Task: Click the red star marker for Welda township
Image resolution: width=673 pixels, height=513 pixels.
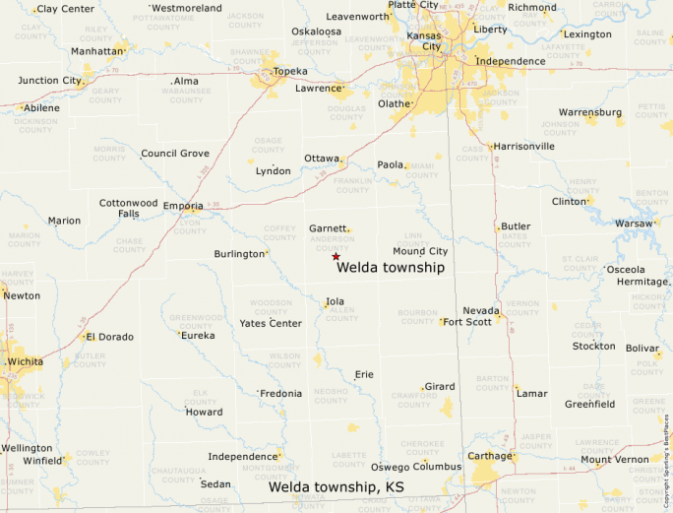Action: coord(336,256)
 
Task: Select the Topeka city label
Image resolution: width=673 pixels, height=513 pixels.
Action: coord(290,72)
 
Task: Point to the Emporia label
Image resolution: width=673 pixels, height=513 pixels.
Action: coord(183,206)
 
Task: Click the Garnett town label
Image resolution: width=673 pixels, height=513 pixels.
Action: coord(329,228)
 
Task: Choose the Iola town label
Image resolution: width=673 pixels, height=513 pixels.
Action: coord(335,302)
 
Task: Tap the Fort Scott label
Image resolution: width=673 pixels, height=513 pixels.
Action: coord(467,322)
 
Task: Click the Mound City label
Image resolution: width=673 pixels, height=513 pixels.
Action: coord(420,252)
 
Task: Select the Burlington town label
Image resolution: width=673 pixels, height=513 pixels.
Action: coord(239,254)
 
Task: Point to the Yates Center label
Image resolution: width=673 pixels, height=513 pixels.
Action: coord(271,323)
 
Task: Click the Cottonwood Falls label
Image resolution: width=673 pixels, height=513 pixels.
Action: coord(128,209)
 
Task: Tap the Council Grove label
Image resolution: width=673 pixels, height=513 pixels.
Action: coord(175,154)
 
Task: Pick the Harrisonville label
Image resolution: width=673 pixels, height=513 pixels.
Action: coord(524,147)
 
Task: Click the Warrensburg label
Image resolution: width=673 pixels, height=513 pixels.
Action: coord(591,112)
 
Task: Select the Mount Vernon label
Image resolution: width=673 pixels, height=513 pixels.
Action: coord(615,460)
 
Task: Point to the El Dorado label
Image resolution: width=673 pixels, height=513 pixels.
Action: coord(109,337)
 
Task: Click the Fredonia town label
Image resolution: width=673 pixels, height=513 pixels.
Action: coord(280,394)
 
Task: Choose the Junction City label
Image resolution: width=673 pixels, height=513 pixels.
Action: coord(49,81)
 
